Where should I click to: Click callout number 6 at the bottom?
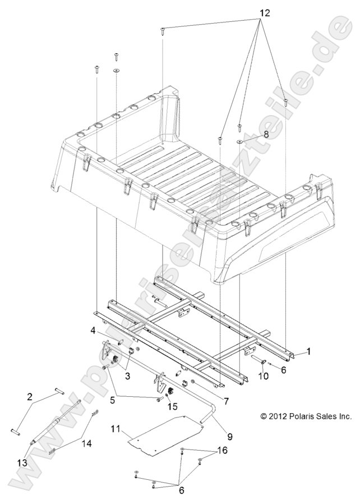pos(181,490)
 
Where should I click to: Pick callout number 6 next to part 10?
pos(283,370)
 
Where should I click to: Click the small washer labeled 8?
pos(239,141)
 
